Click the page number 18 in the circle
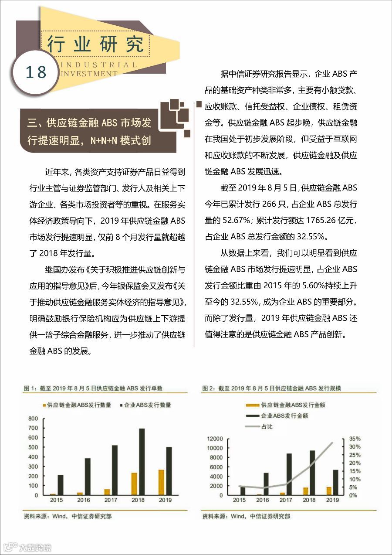[36, 72]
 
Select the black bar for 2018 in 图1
[142, 462]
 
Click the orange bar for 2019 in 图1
[161, 482]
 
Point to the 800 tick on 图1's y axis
[33, 419]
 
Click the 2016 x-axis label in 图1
[83, 500]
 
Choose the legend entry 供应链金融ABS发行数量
[77, 405]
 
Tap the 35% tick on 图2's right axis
[355, 439]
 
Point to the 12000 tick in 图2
[215, 439]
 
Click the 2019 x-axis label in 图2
[333, 500]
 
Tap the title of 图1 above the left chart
[93, 388]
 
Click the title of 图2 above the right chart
[271, 388]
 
